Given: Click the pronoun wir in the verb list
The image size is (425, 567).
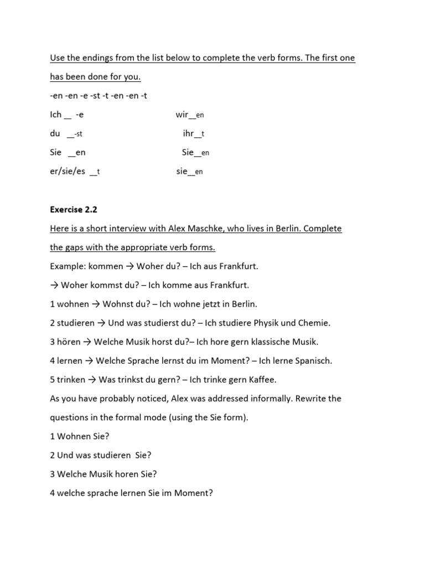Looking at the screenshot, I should point(182,115).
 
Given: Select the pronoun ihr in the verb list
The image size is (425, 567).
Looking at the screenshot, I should point(188,133).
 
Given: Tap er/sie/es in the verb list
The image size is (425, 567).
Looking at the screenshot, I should point(68,171).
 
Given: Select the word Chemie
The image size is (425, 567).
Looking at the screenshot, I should point(314,323).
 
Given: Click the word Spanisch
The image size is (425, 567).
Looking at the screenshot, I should point(313,360).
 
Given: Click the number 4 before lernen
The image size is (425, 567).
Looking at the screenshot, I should point(52,360).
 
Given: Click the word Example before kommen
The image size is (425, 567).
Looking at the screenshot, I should point(67,266).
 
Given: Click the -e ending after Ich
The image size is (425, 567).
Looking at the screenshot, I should point(80,115).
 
